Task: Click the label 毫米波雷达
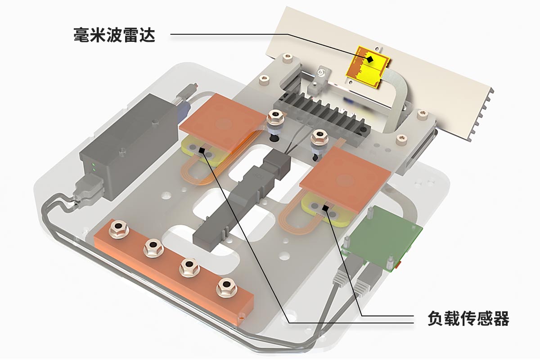(114, 35)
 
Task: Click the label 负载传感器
(468, 319)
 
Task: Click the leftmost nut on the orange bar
(119, 229)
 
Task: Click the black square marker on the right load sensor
(325, 207)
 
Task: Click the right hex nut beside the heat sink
(319, 135)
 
